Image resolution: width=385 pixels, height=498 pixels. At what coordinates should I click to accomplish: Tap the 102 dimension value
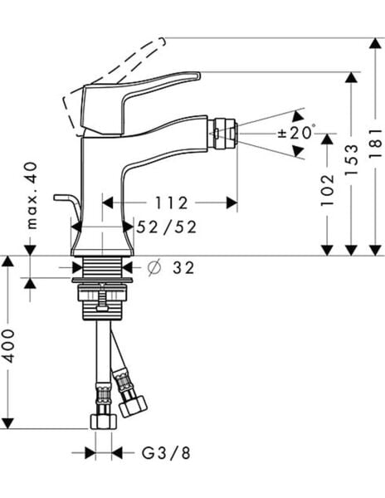coord(327,190)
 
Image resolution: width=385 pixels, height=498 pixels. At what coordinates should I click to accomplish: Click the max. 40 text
coord(32,195)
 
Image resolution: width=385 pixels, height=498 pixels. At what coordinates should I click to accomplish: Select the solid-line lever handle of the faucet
coord(141,91)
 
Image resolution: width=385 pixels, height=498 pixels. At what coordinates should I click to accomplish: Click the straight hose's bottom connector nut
coord(101,420)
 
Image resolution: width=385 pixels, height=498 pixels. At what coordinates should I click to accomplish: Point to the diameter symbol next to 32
coord(154,268)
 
